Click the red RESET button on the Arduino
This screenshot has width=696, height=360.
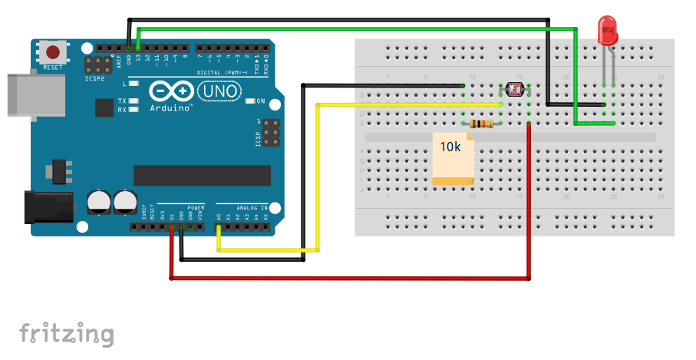[52, 53]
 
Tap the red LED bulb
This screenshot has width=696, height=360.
[608, 31]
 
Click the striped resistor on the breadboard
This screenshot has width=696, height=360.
[481, 124]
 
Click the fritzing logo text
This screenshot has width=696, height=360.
[66, 334]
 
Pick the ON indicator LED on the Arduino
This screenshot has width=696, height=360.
[250, 101]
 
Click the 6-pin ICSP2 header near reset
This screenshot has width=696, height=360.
[97, 65]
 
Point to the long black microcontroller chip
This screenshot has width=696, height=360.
[202, 175]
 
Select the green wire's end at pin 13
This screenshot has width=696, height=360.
[138, 48]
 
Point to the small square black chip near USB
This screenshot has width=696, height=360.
[105, 107]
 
